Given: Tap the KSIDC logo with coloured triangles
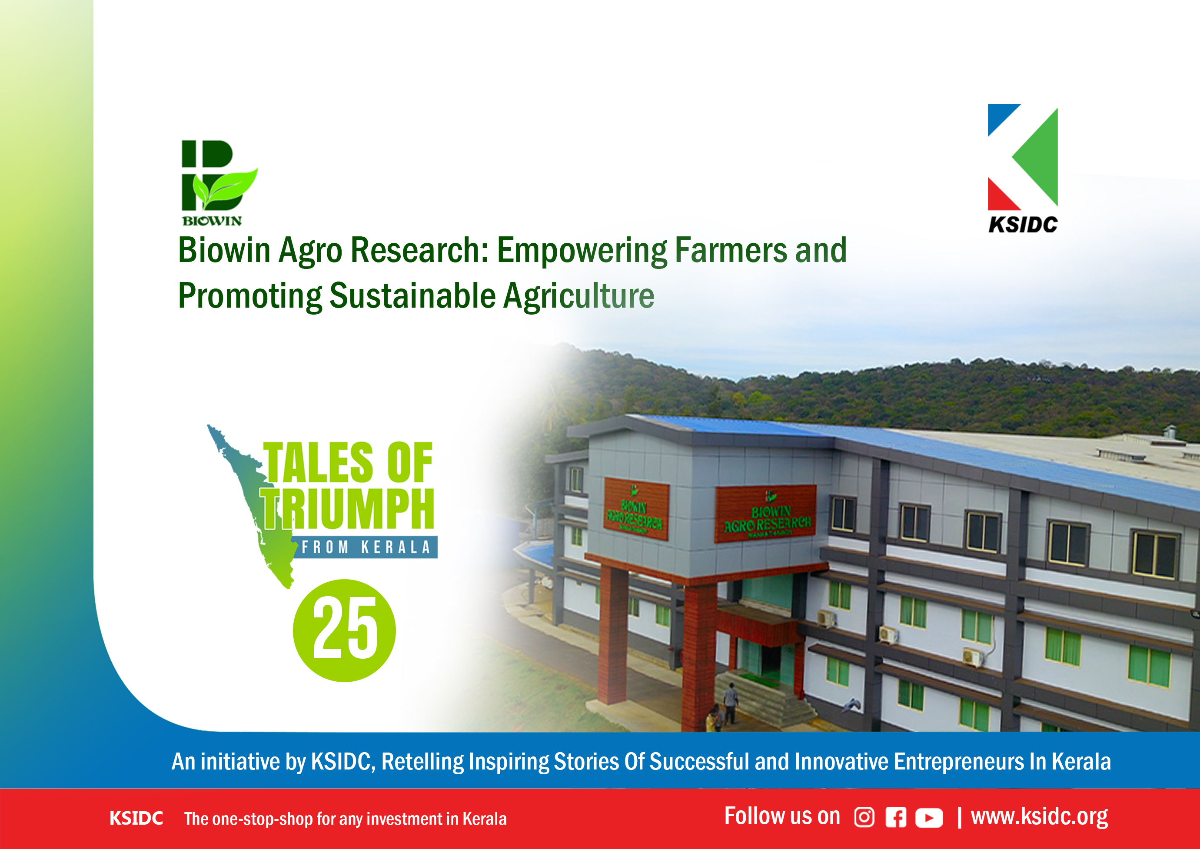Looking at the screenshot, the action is (1022, 168).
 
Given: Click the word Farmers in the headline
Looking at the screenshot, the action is (731, 250).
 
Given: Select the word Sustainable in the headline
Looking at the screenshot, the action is (412, 296).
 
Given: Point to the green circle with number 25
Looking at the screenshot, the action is (344, 630).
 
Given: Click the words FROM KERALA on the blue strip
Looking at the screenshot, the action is (366, 547).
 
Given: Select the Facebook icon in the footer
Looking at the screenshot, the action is (896, 818).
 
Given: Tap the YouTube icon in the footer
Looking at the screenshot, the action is (929, 818).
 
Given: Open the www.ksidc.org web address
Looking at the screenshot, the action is (1039, 816).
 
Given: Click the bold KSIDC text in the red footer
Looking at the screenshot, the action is (136, 818).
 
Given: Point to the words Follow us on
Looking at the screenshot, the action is (782, 816).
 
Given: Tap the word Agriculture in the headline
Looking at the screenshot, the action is (578, 296).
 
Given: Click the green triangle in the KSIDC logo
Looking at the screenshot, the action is (1035, 157).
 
